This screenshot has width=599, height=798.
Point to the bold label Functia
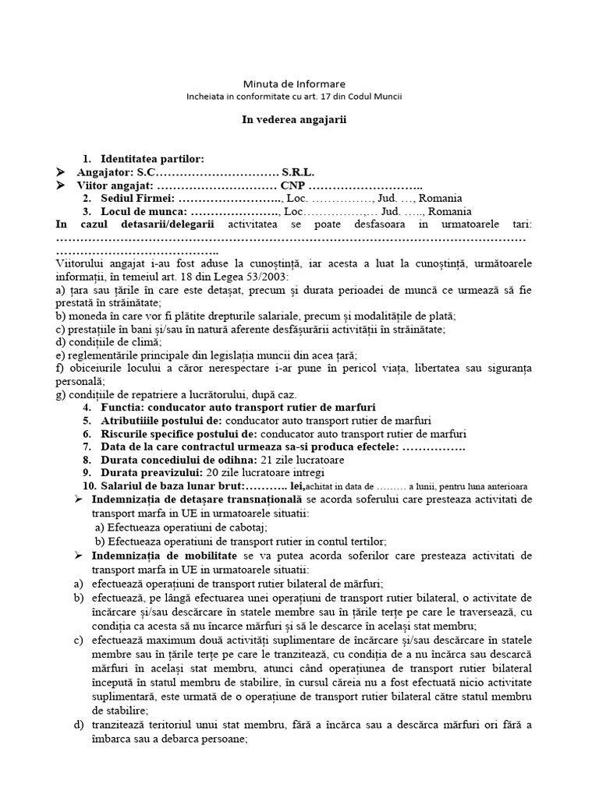pyautogui.click(x=122, y=408)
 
